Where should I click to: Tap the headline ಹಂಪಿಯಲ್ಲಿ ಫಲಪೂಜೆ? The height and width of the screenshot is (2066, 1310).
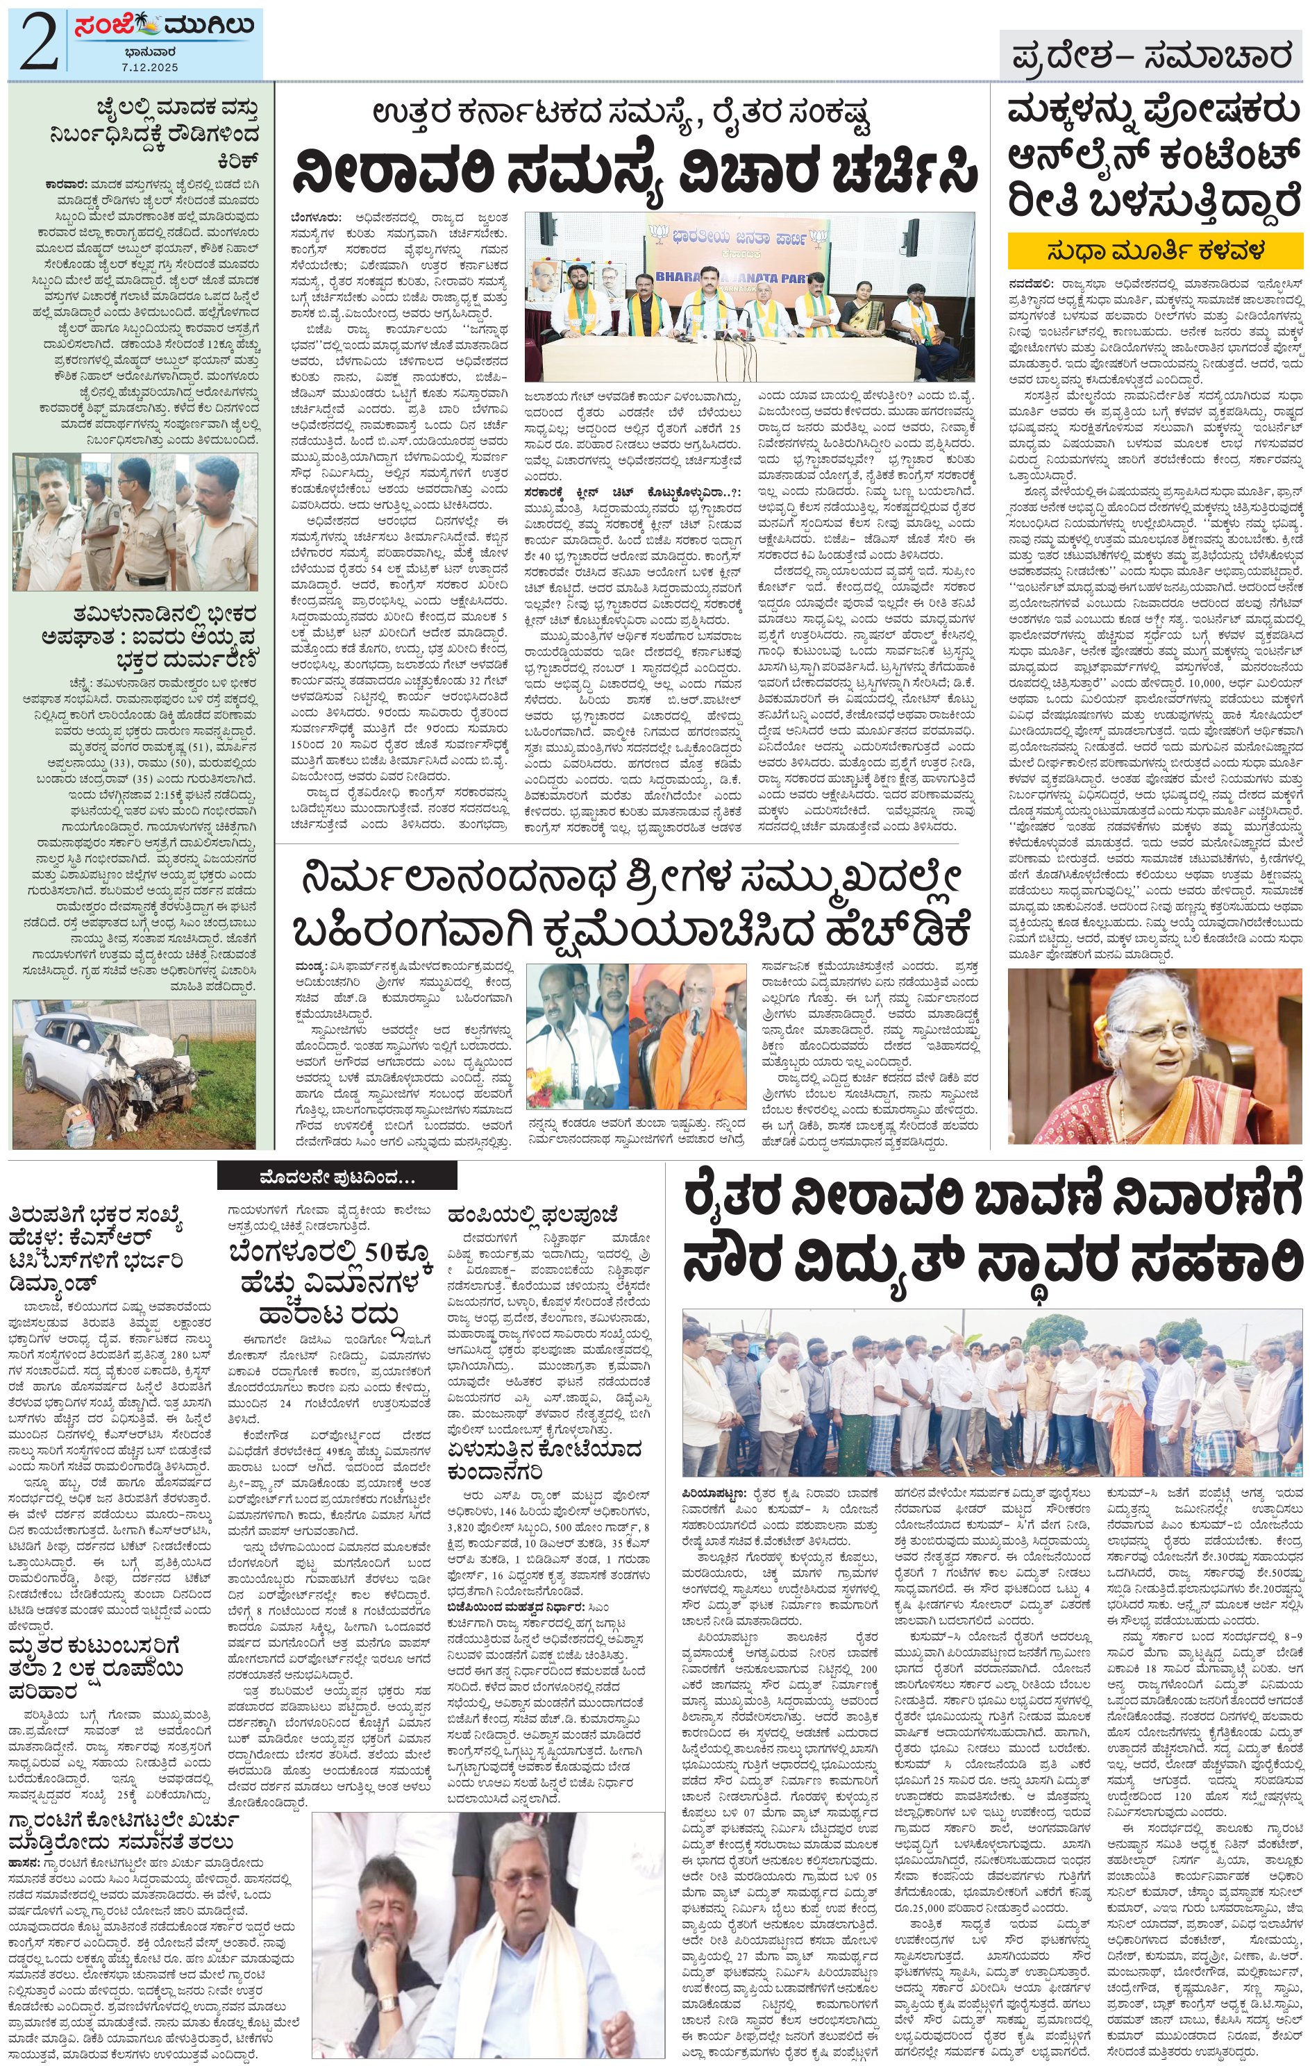click(532, 1212)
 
